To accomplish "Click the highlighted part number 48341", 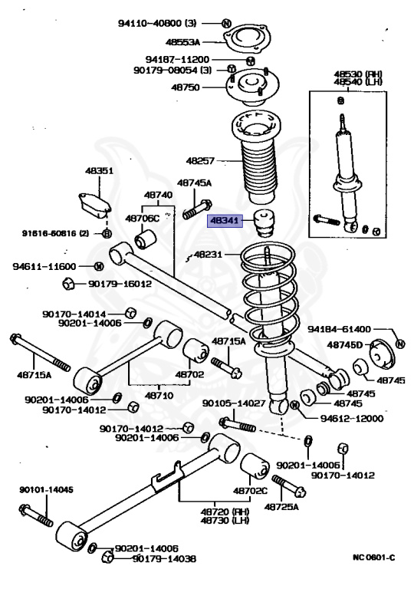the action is tap(225, 221).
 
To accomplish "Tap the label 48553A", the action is tap(182, 41).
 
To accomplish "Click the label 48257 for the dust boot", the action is tap(200, 161).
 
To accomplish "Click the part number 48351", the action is tap(99, 170).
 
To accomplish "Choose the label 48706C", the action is tap(143, 219).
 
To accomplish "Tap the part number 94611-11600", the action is tap(44, 266).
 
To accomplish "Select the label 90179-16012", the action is tap(120, 284).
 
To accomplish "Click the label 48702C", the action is tap(250, 491).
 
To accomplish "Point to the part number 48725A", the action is tap(281, 507).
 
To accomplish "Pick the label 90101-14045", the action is tap(47, 490).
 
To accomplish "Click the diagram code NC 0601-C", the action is tap(374, 558).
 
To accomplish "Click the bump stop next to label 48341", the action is tap(264, 224).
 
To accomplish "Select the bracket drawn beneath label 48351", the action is tap(94, 205).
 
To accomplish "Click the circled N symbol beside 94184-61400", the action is tap(400, 344).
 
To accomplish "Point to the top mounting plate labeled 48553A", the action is tap(246, 39).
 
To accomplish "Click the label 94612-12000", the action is tap(352, 418).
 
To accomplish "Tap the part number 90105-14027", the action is tap(234, 403).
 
